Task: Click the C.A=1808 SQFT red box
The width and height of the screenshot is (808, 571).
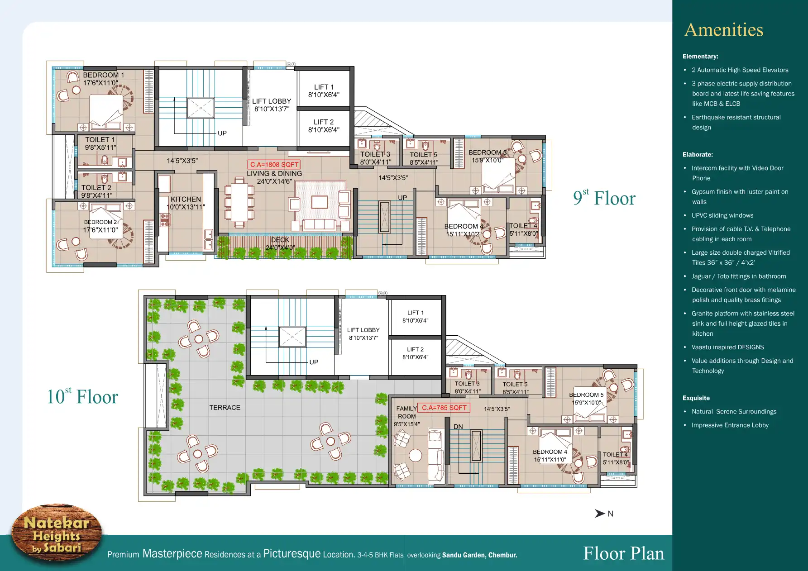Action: pyautogui.click(x=274, y=165)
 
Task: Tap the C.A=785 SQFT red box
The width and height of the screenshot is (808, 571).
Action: pyautogui.click(x=444, y=408)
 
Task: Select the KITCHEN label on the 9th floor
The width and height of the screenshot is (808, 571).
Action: pyautogui.click(x=186, y=199)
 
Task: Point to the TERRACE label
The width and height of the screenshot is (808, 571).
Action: pyautogui.click(x=225, y=408)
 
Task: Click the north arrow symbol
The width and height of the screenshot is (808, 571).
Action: pyautogui.click(x=600, y=514)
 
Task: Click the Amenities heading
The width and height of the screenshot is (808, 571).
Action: pyautogui.click(x=724, y=30)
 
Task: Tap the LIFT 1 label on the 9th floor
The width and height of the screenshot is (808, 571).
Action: pyautogui.click(x=324, y=87)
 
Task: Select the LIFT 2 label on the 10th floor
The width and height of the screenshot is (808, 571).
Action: pyautogui.click(x=415, y=349)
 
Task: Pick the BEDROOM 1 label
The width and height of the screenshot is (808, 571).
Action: pyautogui.click(x=103, y=75)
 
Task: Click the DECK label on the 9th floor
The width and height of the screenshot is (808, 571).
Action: pyautogui.click(x=280, y=240)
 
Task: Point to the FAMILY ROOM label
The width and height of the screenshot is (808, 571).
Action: pyautogui.click(x=406, y=412)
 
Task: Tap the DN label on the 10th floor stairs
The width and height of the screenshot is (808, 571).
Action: pyautogui.click(x=458, y=427)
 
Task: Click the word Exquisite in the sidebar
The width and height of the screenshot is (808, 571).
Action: pyautogui.click(x=696, y=398)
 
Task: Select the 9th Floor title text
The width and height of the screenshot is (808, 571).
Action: pyautogui.click(x=604, y=198)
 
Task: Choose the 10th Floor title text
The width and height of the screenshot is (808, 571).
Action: pyautogui.click(x=82, y=396)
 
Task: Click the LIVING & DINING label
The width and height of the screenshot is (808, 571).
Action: pyautogui.click(x=274, y=173)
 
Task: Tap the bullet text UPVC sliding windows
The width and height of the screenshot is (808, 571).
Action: pyautogui.click(x=722, y=215)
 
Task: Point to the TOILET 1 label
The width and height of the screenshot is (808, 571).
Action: pyautogui.click(x=100, y=140)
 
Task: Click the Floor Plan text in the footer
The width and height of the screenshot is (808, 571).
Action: pyautogui.click(x=623, y=553)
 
